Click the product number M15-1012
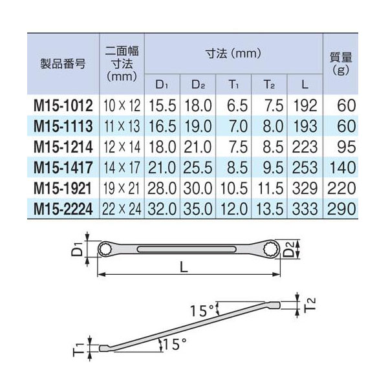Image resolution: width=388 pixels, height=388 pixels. (63, 105)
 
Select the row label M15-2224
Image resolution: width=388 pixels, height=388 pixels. (63, 209)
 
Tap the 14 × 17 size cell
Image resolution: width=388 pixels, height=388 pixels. (122, 167)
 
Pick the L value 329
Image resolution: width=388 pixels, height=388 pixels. (305, 188)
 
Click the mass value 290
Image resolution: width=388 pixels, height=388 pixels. (341, 209)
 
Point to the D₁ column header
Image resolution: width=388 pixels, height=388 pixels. (162, 85)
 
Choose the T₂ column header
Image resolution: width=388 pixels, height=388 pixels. (269, 85)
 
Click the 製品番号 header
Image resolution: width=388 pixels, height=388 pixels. (63, 64)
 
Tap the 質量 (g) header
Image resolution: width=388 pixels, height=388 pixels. (341, 63)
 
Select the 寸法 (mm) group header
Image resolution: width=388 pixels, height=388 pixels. (233, 54)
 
